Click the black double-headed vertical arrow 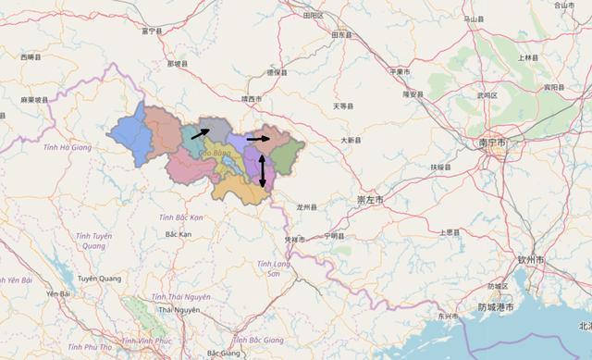tap(263, 172)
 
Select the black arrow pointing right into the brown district tap(259, 139)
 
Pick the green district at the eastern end tap(287, 153)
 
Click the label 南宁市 tap(491, 143)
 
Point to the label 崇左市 tap(371, 199)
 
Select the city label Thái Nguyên tap(179, 310)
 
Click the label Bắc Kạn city tap(178, 235)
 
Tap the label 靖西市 tap(250, 98)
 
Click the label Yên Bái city tap(58, 294)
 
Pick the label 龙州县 tap(307, 206)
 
